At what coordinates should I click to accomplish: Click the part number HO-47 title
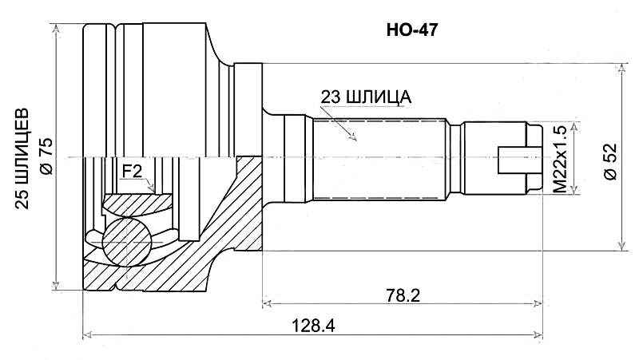(412, 30)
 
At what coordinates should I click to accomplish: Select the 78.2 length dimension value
(403, 295)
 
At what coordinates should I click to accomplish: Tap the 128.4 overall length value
(313, 326)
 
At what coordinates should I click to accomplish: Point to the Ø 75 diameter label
(46, 156)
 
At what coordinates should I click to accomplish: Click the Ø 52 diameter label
(611, 162)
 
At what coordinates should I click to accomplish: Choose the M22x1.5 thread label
(560, 159)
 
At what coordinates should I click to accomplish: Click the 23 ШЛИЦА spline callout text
(366, 97)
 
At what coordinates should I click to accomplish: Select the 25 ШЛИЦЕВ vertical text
(22, 159)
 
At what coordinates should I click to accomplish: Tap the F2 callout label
(132, 172)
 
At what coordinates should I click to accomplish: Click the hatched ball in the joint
(126, 243)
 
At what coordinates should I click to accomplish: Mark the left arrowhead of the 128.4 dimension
(87, 335)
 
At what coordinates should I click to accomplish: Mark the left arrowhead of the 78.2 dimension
(267, 303)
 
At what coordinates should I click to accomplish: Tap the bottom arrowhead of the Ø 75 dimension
(56, 284)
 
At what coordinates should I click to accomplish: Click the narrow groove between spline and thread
(456, 159)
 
